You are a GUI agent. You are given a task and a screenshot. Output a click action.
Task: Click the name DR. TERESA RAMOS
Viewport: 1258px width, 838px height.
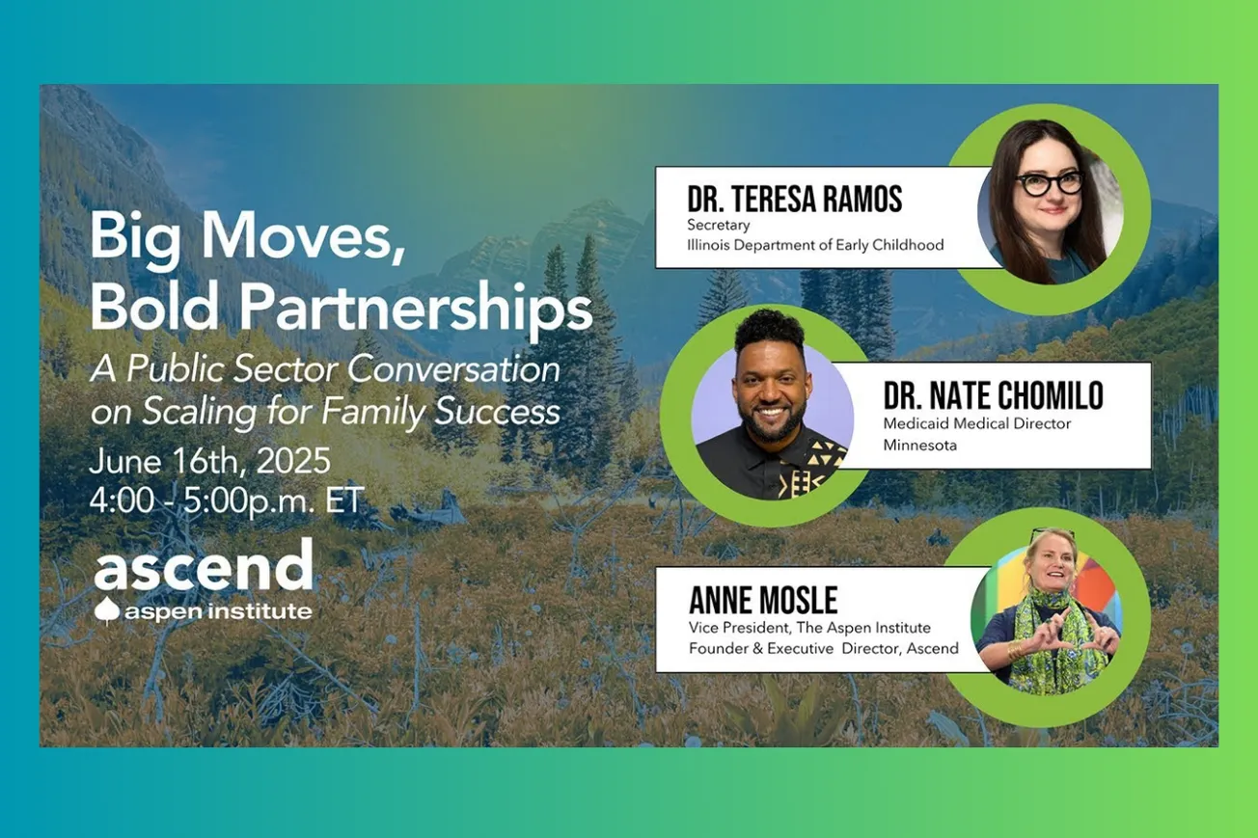point(795,200)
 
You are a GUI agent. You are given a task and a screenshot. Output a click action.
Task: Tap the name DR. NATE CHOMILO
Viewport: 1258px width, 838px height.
point(994,395)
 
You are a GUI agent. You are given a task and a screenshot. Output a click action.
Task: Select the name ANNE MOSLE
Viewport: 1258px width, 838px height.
point(763,600)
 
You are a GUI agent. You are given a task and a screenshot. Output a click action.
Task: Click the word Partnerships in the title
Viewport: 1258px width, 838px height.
point(416,309)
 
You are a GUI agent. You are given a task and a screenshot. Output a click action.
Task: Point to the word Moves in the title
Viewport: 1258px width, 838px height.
point(303,235)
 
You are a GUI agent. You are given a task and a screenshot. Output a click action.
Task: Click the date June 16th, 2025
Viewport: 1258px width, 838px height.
point(210,461)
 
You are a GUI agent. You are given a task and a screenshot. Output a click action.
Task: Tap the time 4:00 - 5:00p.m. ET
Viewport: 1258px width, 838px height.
point(228,500)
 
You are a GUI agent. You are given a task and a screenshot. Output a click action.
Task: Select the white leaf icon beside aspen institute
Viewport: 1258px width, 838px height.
point(107,610)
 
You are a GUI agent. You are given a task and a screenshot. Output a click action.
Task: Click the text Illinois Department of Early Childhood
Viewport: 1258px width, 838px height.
point(815,245)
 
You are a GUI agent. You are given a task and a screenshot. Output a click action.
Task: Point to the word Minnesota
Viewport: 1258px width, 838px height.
point(920,446)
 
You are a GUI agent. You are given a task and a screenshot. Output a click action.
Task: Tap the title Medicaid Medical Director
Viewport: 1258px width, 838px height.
point(977,423)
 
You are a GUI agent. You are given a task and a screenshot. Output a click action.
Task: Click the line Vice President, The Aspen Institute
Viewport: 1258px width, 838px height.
point(809,628)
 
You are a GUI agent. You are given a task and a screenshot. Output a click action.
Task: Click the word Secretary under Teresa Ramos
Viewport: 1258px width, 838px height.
point(719,225)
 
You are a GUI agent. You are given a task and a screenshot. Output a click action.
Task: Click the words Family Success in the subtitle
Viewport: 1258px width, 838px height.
point(440,412)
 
